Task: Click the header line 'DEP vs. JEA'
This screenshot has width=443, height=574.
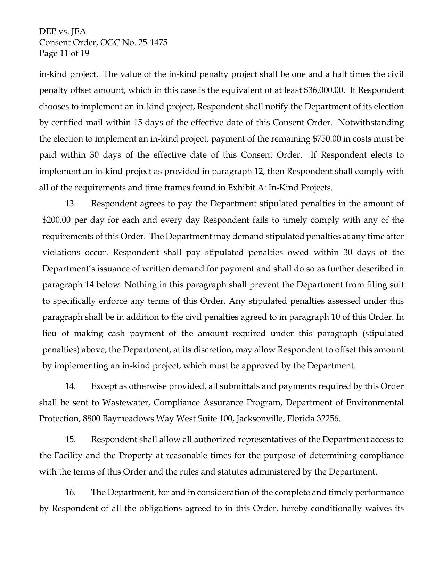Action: point(63,32)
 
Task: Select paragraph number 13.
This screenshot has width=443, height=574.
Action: point(70,204)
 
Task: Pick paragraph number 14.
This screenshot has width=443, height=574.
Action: point(70,386)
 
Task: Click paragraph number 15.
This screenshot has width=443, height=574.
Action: point(70,439)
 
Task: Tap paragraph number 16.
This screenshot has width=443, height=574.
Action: point(70,492)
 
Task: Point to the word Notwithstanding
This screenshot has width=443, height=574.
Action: point(371,122)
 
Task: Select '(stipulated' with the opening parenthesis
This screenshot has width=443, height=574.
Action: point(383,333)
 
